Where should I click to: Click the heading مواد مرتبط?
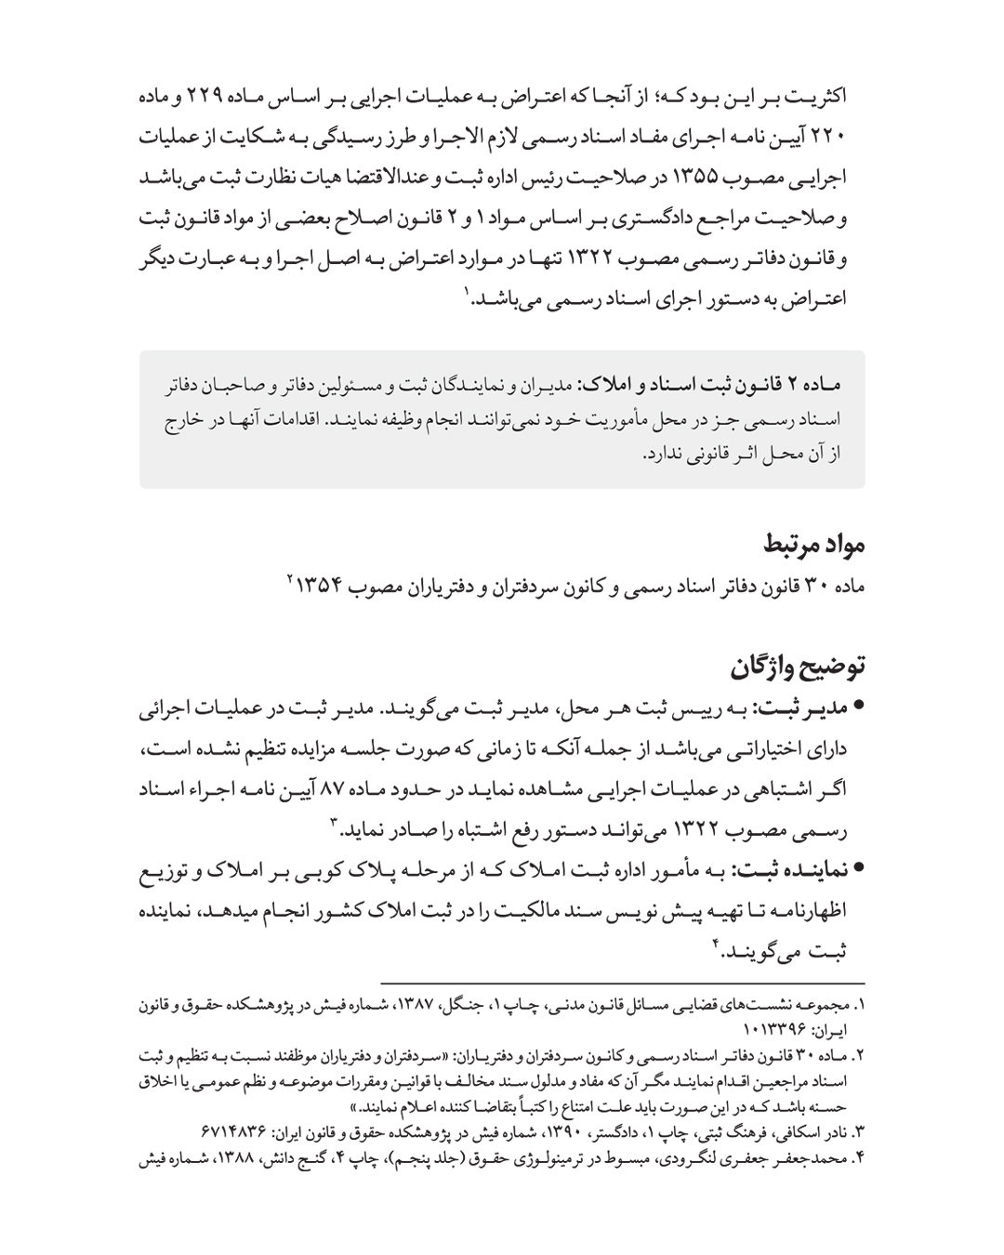pyautogui.click(x=814, y=544)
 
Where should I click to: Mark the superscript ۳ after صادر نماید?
pyautogui.click(x=333, y=823)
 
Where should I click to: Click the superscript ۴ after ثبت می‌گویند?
pyautogui.click(x=716, y=945)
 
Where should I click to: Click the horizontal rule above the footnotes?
pyautogui.click(x=623, y=983)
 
